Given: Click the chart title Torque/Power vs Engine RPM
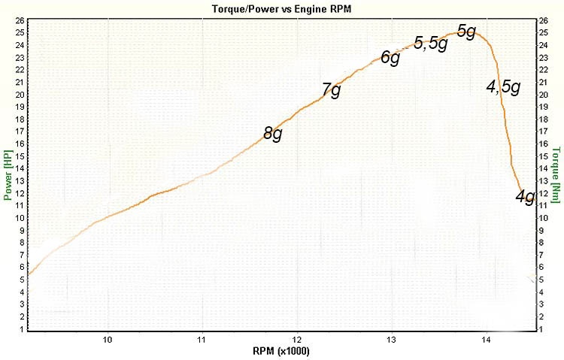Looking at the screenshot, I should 282,8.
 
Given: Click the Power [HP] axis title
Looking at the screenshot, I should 8,176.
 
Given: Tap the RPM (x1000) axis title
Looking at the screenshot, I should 282,351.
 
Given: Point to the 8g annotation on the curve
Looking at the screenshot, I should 273,134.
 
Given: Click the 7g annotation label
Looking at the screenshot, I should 331,90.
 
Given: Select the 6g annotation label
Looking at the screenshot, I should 390,57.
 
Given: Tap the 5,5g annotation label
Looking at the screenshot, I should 431,43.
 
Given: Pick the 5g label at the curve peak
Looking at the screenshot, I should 466,32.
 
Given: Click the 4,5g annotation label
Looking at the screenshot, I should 503,86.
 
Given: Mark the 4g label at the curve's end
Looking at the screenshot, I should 525,197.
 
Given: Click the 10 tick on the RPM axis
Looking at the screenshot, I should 108,339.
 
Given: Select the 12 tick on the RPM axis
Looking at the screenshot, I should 298,339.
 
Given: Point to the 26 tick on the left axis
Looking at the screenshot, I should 19,20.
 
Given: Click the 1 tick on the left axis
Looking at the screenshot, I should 21,329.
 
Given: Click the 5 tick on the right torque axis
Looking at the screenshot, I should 544,280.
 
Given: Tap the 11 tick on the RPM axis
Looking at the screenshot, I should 203,339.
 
